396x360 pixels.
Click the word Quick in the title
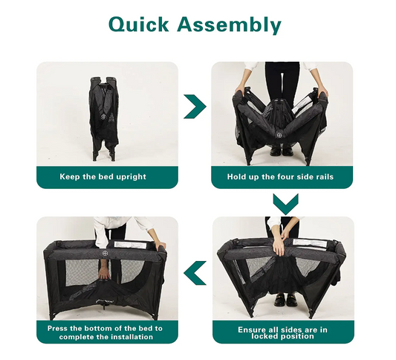[x=139, y=25]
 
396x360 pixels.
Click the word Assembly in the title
[x=230, y=25]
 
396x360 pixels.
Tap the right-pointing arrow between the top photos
[x=195, y=106]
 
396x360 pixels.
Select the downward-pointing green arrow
[x=285, y=205]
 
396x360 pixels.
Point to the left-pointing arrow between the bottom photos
[x=195, y=273]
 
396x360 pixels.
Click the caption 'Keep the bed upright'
[x=103, y=176]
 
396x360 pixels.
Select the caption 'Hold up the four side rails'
[x=280, y=176]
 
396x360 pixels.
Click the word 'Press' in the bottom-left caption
[x=57, y=329]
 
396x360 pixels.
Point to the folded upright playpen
[x=104, y=118]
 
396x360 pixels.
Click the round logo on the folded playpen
[x=103, y=117]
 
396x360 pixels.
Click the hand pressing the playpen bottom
[x=103, y=273]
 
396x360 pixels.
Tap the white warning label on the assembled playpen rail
[x=130, y=245]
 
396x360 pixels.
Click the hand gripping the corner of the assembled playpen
[x=160, y=245]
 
